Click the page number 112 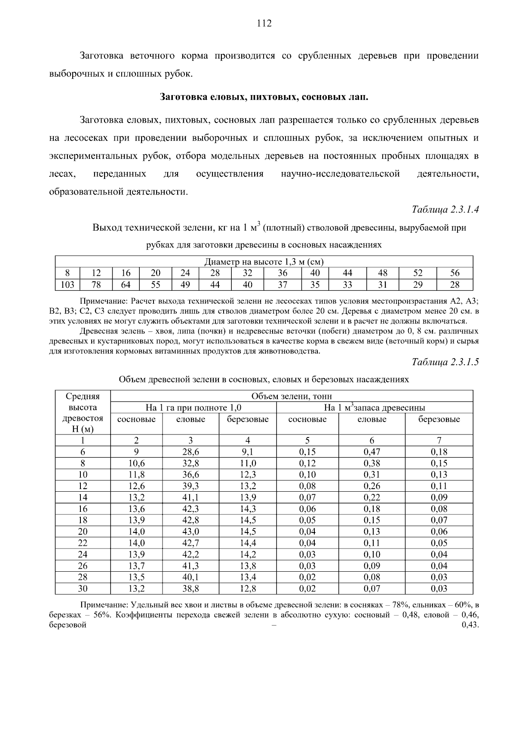264,24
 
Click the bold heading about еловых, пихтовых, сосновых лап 264,97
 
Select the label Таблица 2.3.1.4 445,210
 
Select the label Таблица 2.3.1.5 445,362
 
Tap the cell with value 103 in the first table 67,285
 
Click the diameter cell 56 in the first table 455,273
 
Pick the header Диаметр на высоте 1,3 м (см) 264,262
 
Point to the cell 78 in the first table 96,285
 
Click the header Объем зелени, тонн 291,397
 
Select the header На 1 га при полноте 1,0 193,408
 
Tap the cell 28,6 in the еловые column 190,452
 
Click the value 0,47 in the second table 372,452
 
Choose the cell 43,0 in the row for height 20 190,532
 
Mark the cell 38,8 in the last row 190,589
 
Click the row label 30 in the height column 83,589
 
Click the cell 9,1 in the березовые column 248,452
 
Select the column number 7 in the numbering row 439,440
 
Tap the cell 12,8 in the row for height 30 248,589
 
